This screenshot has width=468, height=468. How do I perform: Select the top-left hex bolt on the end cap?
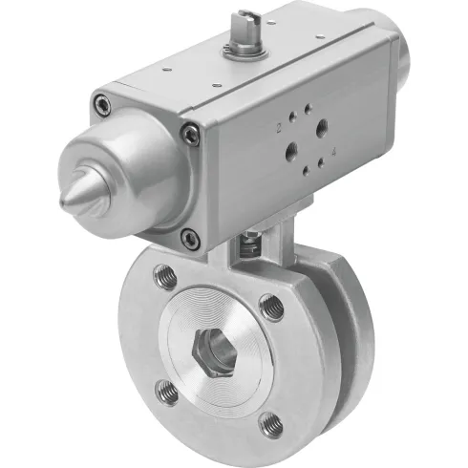tap(103, 103)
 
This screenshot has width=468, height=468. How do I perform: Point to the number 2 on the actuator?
tap(278, 126)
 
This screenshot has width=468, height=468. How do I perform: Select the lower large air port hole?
tap(288, 150)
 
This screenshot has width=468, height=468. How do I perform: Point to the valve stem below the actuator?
tap(249, 245)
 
